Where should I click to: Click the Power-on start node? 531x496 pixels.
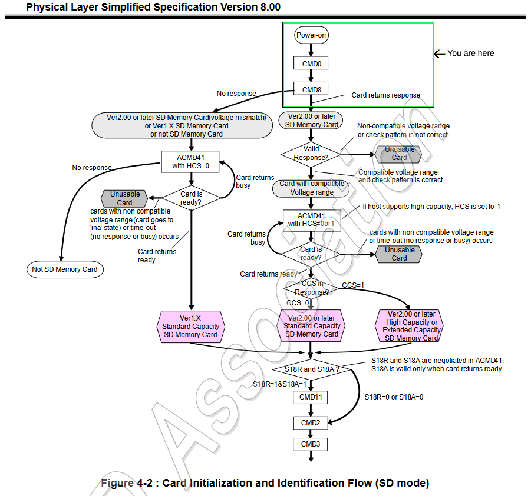tap(311, 35)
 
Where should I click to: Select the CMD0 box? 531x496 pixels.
tap(311, 63)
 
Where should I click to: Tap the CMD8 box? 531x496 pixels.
tap(311, 89)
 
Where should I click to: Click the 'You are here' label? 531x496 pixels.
tap(470, 53)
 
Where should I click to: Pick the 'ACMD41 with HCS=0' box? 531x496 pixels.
tap(190, 161)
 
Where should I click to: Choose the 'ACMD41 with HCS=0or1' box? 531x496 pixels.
tap(311, 220)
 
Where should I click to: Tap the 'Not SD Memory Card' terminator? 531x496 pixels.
tap(65, 269)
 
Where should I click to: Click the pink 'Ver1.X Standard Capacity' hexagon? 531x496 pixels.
tap(190, 326)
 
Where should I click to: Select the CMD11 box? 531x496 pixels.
tap(310, 397)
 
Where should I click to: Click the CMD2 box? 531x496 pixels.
tap(310, 423)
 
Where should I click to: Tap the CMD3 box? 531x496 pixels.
tap(310, 444)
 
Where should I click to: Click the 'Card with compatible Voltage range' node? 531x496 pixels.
tap(311, 188)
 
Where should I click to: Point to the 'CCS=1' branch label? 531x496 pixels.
tap(353, 285)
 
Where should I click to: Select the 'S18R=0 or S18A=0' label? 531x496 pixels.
tap(394, 397)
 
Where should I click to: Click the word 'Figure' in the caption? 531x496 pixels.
tap(118, 483)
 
